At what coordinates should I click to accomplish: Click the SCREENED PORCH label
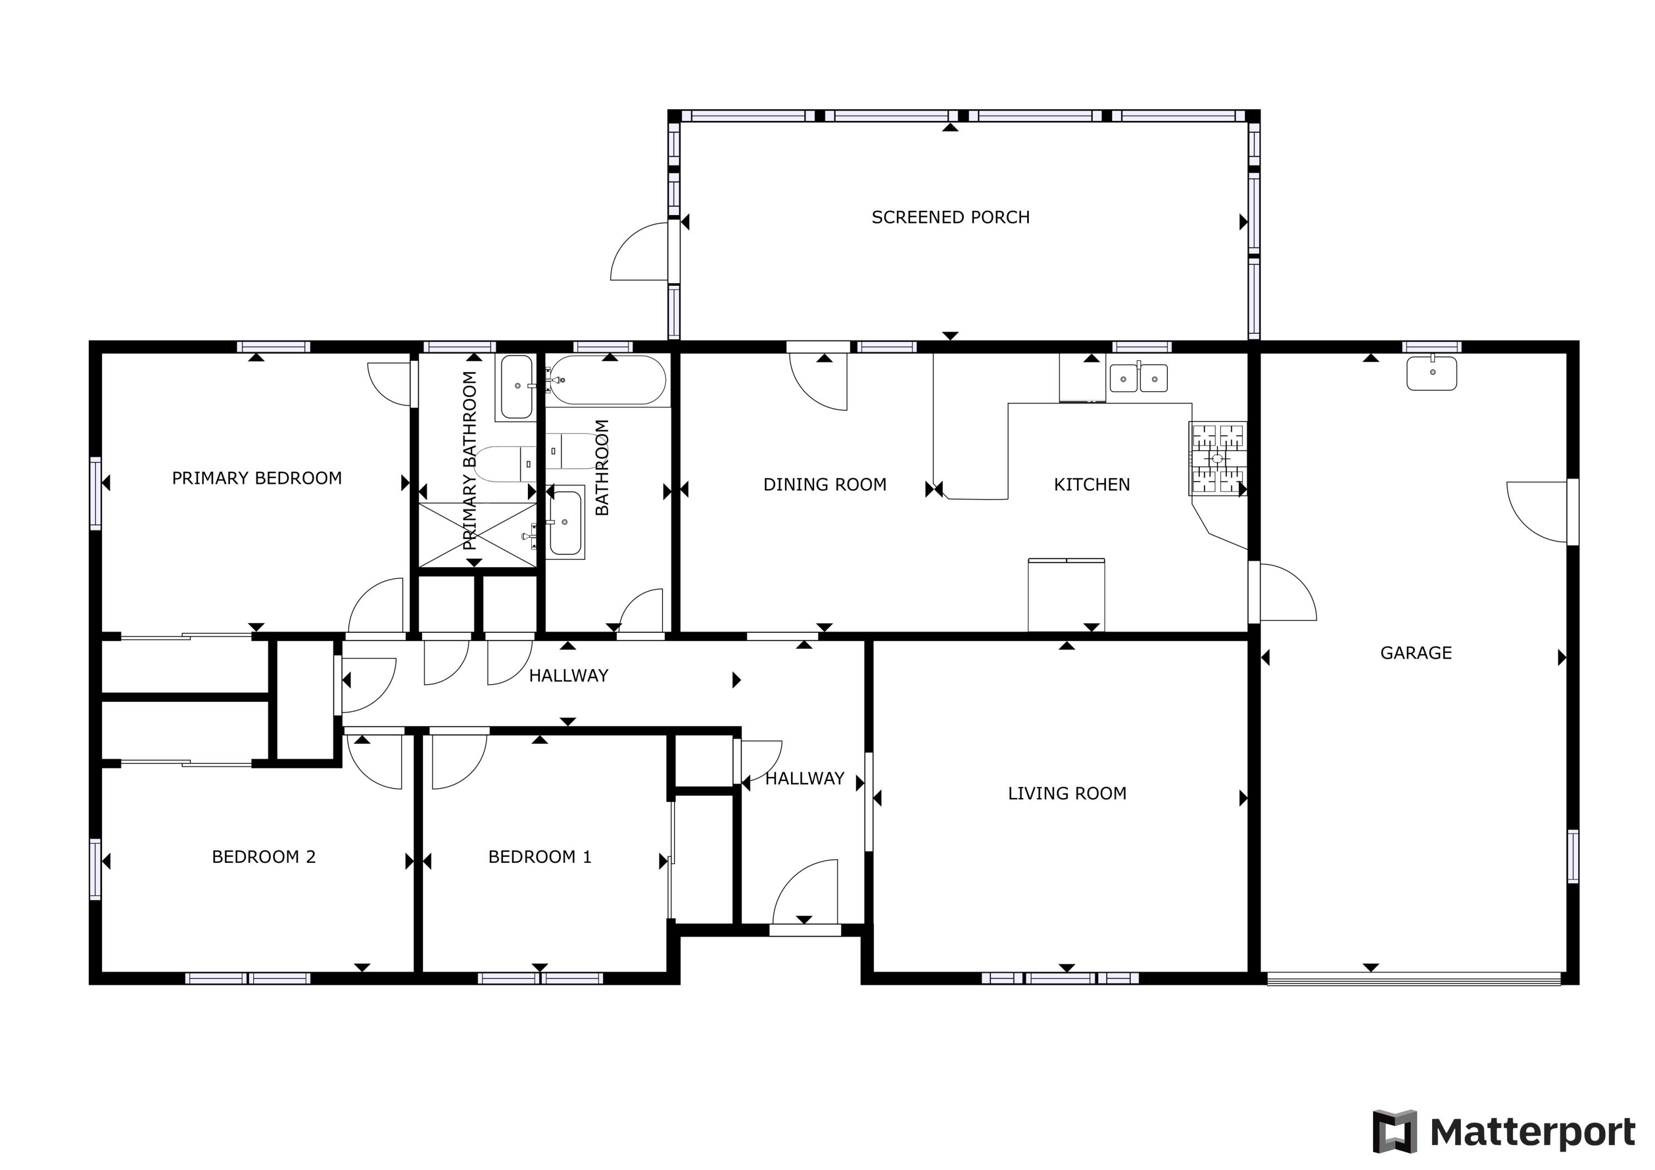[x=950, y=217]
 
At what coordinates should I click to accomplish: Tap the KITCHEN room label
[x=1091, y=484]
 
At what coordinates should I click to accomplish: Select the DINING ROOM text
[x=825, y=484]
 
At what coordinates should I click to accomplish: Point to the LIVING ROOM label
[x=1067, y=793]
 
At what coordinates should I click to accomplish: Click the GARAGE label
[x=1416, y=653]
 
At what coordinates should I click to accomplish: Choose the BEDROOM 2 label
[x=263, y=857]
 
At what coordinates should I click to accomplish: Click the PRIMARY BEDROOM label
[x=257, y=478]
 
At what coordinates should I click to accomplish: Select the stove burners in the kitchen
[x=1218, y=458]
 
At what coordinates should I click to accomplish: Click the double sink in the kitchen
[x=1138, y=378]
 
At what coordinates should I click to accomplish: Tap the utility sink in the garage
[x=1432, y=373]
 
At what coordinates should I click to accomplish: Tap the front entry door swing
[x=806, y=893]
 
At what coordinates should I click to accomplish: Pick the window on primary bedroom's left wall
[x=95, y=493]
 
